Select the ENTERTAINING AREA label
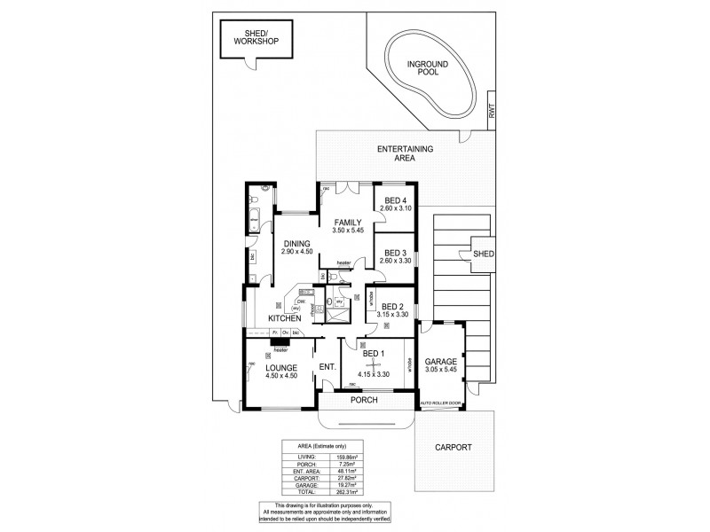point(404,154)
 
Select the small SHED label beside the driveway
point(485,254)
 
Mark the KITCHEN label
point(286,317)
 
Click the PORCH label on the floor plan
point(364,400)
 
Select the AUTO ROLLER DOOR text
point(440,403)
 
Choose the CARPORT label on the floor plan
point(453,448)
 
